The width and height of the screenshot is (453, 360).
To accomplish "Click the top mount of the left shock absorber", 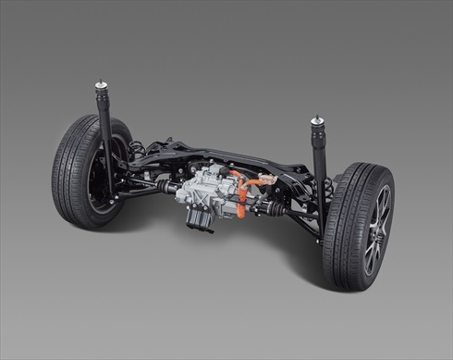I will point(100,86).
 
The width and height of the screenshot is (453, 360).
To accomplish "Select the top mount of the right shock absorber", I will point(318,121).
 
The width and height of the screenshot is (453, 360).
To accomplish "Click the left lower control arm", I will point(139,192).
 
